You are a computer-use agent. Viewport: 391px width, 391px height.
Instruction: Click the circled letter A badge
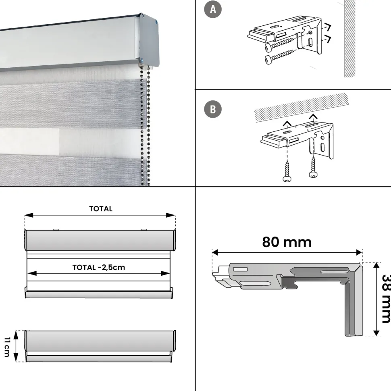coord(213,10)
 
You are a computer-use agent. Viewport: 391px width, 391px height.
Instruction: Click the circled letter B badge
coord(213,109)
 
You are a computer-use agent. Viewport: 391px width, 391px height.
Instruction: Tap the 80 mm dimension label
coord(287,242)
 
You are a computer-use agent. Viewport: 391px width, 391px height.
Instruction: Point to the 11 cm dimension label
coord(7,347)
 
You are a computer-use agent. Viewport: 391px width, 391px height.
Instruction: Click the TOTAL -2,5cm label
coord(98,268)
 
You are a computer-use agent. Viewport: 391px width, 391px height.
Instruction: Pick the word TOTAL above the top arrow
coord(101,209)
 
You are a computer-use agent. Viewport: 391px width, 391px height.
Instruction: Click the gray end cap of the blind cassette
coord(149,40)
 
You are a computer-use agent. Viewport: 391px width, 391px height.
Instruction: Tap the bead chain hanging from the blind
coord(145,125)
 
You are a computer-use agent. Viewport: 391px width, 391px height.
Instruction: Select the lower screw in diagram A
coord(279,56)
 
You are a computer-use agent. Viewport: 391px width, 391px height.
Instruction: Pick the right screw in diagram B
coord(313,167)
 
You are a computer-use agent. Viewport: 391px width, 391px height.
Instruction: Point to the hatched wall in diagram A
coord(349,39)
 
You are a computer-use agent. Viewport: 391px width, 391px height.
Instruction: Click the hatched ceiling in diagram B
coord(301,107)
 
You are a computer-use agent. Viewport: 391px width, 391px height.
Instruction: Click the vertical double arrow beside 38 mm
coord(376,299)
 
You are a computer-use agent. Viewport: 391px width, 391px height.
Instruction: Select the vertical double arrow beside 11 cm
coord(16,346)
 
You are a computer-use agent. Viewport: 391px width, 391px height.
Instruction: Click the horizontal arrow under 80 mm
coord(287,253)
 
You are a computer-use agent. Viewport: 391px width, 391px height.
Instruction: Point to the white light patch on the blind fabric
coord(29,141)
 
